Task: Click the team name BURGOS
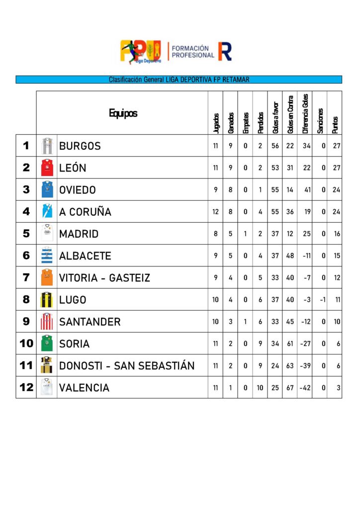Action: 80,146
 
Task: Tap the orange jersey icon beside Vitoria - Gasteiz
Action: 47,277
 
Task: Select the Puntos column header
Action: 335,121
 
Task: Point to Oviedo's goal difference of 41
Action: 306,190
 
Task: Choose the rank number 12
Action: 26,388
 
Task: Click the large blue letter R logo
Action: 225,51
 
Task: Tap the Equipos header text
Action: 123,113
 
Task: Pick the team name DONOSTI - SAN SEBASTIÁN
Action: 127,366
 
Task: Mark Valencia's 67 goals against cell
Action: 290,388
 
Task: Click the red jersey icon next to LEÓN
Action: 47,168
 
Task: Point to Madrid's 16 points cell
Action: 337,234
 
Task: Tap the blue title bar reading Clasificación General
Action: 179,80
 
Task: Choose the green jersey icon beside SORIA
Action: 47,343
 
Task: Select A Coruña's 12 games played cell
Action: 216,212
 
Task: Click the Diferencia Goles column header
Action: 305,114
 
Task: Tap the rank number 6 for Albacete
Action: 26,255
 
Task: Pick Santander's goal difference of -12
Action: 305,322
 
